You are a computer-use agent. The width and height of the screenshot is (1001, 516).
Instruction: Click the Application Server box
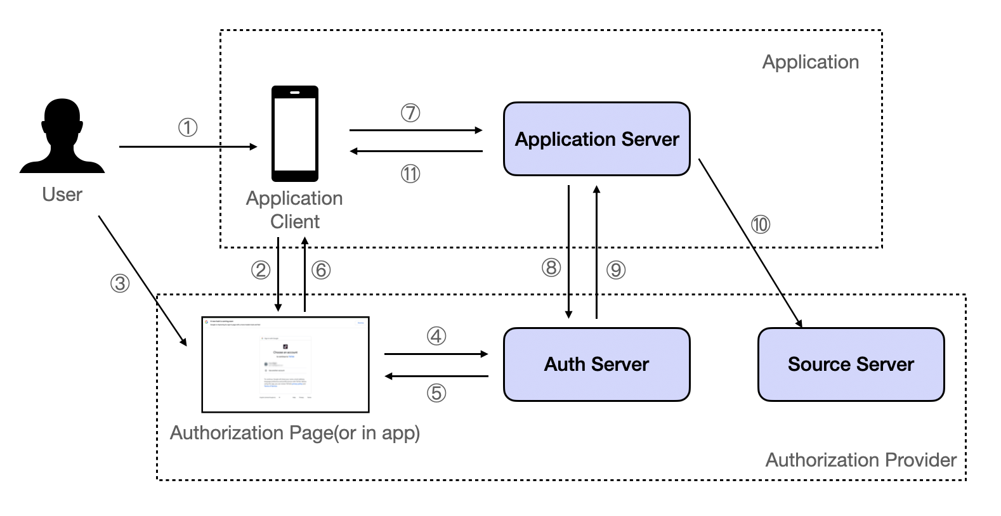click(596, 139)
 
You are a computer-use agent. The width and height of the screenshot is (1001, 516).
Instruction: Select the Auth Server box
click(596, 364)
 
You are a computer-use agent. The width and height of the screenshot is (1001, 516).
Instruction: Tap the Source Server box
click(851, 364)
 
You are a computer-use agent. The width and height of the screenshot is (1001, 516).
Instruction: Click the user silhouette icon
click(62, 136)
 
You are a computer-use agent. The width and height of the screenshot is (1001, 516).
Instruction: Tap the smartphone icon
click(295, 134)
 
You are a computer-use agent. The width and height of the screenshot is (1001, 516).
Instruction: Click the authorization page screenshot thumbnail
click(285, 364)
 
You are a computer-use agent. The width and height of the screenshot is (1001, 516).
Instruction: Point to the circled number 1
click(187, 127)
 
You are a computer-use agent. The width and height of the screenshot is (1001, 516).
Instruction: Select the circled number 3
click(120, 283)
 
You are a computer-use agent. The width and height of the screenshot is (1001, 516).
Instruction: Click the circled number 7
click(410, 113)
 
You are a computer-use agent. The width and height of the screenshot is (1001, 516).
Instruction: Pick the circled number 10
click(760, 224)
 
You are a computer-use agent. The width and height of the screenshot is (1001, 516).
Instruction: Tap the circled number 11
click(410, 174)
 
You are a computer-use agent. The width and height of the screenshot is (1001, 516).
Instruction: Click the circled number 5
click(436, 393)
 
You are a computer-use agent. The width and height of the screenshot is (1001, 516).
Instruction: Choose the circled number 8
click(551, 268)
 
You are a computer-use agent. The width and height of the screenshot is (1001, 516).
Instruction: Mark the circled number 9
click(615, 270)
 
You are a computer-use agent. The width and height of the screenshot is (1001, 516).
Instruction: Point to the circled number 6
click(321, 270)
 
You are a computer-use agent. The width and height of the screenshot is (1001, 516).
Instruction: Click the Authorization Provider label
click(860, 460)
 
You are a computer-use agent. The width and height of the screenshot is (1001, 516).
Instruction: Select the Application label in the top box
click(810, 62)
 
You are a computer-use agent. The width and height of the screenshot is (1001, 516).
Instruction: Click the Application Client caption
click(294, 210)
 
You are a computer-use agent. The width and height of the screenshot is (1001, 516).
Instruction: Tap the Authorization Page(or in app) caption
click(295, 433)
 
